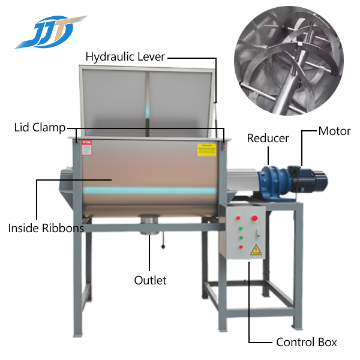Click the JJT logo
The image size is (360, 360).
51,32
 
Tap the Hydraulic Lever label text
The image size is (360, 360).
125,57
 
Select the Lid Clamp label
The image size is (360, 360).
40,127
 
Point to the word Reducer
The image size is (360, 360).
268,138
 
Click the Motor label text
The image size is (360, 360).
335,131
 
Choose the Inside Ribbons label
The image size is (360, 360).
46,228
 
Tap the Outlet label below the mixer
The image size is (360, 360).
150,280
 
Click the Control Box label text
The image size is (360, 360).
307,342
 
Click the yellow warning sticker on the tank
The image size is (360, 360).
207,150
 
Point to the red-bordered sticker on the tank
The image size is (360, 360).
87,148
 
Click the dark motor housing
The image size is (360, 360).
307,179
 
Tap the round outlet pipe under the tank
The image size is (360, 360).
149,224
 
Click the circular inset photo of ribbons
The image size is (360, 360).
289,61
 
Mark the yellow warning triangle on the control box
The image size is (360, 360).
256,250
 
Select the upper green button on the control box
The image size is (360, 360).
241,228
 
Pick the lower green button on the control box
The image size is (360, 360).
241,238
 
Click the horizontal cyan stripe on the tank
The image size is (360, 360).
149,190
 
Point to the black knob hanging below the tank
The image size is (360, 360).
163,247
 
